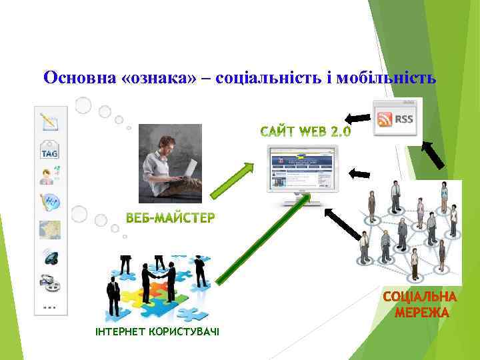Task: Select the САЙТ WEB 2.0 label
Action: click(305, 131)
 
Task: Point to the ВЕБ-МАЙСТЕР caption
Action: click(171, 218)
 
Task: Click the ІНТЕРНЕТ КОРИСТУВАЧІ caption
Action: click(157, 332)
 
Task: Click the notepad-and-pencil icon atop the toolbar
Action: click(49, 122)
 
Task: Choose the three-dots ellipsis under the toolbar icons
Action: click(49, 307)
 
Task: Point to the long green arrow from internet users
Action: click(263, 237)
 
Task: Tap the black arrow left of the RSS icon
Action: click(358, 119)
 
